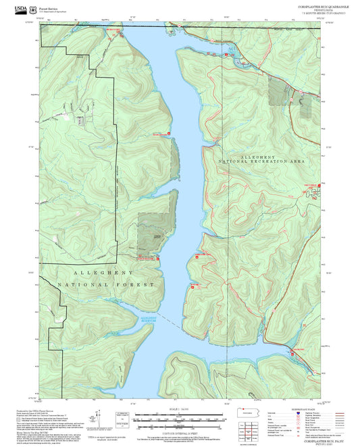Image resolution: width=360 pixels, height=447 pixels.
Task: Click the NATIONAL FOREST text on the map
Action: point(111,285)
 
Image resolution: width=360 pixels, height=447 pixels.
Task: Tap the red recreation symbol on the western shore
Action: point(159,257)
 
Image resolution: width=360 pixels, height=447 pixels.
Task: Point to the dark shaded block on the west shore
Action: point(150,232)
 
